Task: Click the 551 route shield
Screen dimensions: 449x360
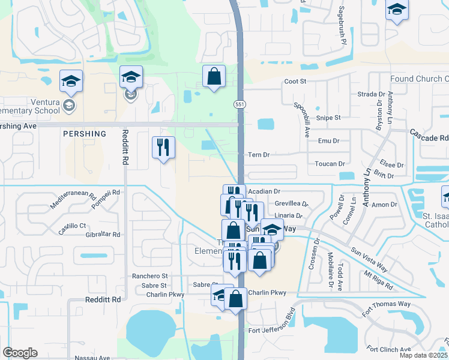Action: pos(238,104)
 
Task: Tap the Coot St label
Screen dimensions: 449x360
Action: pos(295,81)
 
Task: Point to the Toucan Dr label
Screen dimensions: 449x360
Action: pos(330,164)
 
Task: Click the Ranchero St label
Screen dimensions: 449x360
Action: pos(149,277)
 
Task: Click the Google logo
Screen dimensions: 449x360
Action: pos(20,353)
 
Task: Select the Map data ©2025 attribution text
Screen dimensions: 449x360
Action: pos(423,355)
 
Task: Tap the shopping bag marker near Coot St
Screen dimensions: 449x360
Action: pos(214,76)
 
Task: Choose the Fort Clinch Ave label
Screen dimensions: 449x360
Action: pos(388,349)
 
